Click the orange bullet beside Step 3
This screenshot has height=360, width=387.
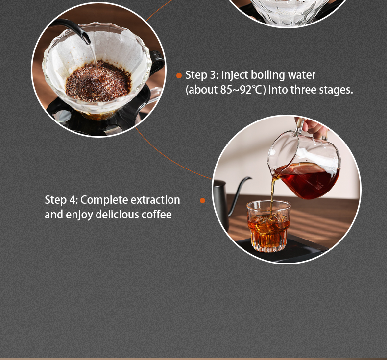(x=179, y=76)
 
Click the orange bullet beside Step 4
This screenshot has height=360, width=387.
(x=202, y=200)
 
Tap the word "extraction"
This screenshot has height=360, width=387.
(x=155, y=200)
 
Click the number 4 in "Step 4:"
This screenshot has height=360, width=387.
(x=73, y=200)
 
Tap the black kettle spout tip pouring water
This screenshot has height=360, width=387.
(x=86, y=41)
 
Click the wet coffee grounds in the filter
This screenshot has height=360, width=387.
(x=98, y=81)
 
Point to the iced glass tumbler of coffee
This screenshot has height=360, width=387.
(x=268, y=226)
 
